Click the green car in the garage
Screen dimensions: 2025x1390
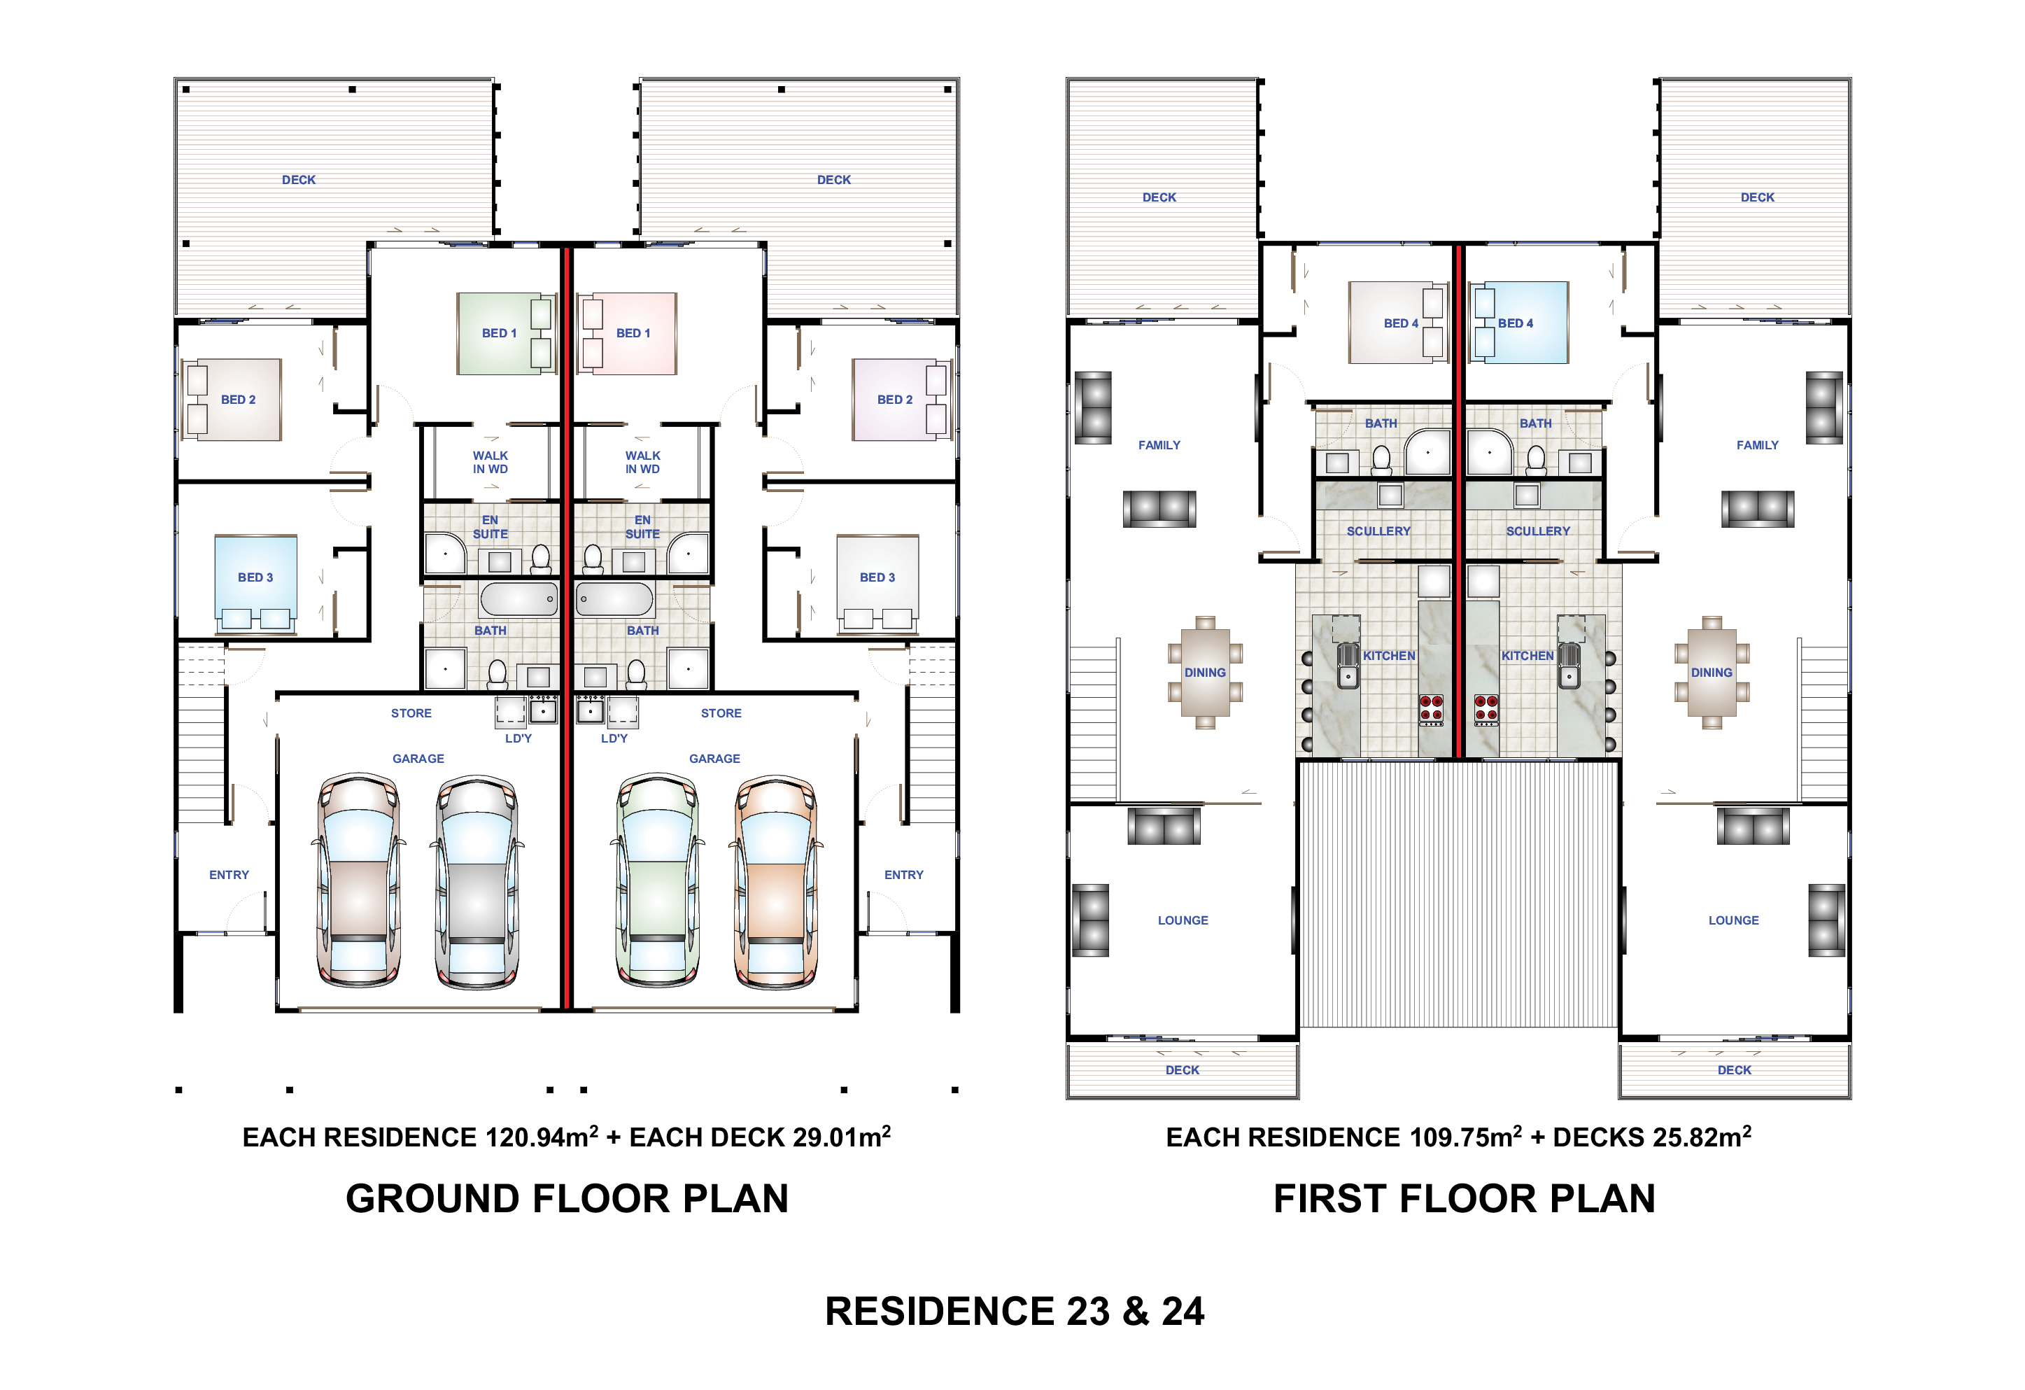pos(657,881)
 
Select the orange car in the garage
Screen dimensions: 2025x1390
pos(775,881)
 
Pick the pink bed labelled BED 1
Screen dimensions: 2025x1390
pos(629,334)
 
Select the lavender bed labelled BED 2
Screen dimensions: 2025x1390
pos(900,399)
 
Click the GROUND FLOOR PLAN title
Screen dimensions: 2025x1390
pos(567,1198)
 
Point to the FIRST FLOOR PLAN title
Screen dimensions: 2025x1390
pos(1464,1198)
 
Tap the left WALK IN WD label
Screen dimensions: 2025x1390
pos(491,462)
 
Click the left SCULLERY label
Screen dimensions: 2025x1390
pos(1378,531)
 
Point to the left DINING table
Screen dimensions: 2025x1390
pos(1205,672)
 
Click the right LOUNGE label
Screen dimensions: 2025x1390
pos(1733,920)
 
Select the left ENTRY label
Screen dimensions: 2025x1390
pos(230,875)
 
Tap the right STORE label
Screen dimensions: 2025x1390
pos(721,713)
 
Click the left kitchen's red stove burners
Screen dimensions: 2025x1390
pos(1432,710)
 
